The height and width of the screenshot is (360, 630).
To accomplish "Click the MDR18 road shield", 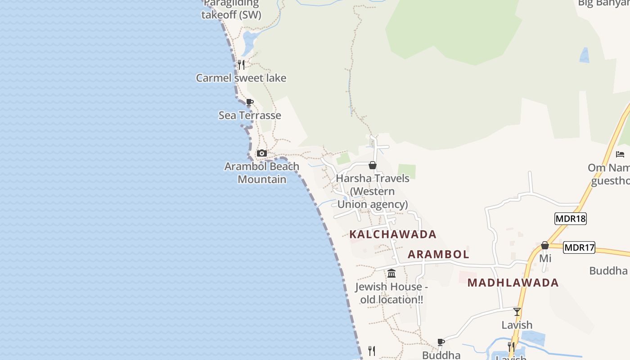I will click(570, 219).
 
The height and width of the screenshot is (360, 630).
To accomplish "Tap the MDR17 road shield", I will click(579, 247).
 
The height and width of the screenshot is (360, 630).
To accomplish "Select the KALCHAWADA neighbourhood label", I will click(393, 234).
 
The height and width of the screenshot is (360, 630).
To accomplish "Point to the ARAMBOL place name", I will click(438, 254).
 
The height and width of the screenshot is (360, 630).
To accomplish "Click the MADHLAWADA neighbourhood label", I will click(513, 283).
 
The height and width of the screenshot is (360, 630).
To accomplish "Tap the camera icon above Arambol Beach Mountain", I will click(262, 153).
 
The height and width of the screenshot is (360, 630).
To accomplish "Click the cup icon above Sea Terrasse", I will click(250, 102).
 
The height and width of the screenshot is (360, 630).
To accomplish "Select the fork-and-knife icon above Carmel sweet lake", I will click(241, 65).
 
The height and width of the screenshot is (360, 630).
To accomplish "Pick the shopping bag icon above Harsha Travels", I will click(373, 165).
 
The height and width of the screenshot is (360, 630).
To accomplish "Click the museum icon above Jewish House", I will click(391, 273).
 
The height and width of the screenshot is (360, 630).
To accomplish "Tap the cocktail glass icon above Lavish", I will click(517, 311).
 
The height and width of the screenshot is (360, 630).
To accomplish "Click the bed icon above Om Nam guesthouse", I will click(620, 154).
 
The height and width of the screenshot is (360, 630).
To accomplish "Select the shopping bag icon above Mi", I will click(545, 245).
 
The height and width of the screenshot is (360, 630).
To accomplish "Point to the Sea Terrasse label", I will click(250, 115).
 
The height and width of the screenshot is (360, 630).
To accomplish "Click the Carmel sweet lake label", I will click(241, 78).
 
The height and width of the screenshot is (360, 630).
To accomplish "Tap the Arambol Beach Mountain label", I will click(262, 173).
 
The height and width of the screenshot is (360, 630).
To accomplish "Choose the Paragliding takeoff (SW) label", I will click(231, 9).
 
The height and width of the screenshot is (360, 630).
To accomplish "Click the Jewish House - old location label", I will click(391, 293).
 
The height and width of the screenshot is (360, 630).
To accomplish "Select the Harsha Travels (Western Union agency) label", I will click(373, 191).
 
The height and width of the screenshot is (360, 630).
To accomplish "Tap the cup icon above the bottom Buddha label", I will click(441, 342).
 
